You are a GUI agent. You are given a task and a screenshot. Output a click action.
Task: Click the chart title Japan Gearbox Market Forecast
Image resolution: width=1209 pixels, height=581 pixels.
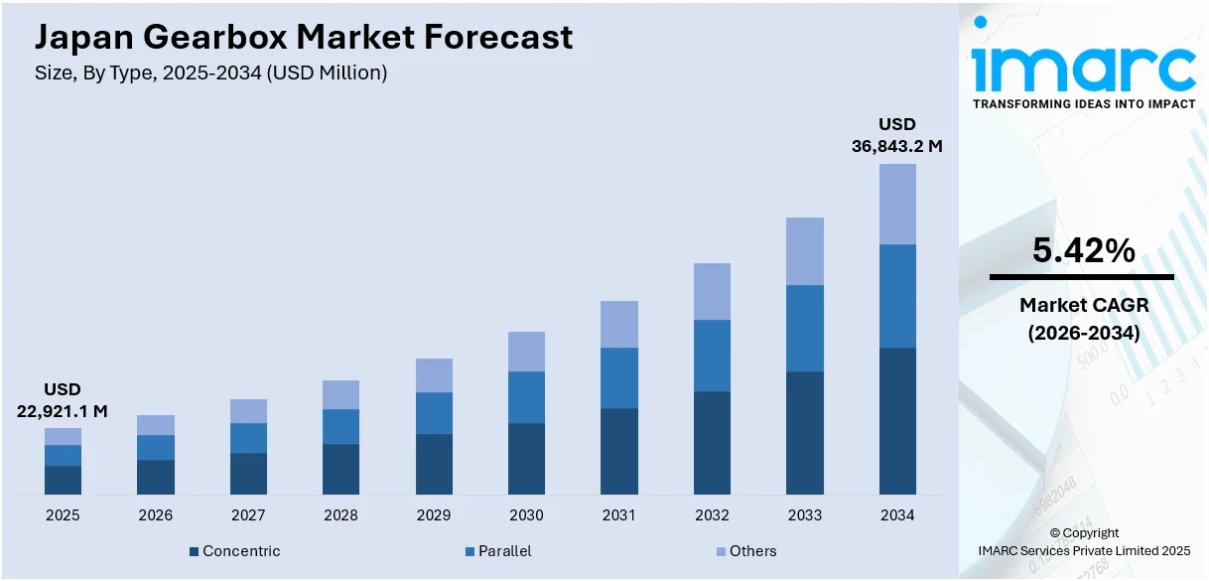click(304, 37)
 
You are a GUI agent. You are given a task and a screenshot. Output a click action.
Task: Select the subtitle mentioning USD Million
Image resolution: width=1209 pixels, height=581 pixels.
click(210, 73)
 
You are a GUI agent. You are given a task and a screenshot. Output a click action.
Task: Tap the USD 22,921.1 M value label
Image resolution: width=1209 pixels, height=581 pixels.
click(63, 399)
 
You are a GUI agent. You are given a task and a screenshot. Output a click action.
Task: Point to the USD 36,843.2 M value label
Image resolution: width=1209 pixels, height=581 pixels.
click(896, 135)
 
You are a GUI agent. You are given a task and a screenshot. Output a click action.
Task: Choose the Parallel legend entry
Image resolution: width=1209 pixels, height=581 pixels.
click(504, 551)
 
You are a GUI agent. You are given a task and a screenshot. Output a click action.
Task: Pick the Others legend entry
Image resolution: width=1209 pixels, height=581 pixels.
click(752, 551)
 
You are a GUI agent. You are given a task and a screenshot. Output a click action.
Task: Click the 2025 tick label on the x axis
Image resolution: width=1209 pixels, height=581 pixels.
click(63, 515)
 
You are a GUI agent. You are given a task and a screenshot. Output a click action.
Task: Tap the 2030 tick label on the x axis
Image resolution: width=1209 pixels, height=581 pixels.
click(526, 515)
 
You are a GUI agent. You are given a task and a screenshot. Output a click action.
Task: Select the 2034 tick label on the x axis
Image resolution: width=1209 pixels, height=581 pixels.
click(897, 515)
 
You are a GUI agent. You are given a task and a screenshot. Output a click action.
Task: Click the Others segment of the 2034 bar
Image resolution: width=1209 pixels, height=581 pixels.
click(897, 204)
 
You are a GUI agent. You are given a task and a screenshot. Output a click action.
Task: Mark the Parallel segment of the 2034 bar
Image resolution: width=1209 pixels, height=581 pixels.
click(897, 296)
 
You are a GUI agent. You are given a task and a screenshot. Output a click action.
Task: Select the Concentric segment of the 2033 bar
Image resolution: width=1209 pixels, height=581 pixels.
click(805, 433)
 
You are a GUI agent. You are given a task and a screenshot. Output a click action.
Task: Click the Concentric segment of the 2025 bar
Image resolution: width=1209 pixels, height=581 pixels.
click(63, 480)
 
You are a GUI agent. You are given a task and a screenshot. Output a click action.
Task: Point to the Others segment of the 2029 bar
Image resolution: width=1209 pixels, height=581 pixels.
click(434, 375)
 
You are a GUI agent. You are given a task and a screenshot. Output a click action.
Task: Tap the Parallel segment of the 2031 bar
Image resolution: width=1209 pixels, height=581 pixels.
click(619, 377)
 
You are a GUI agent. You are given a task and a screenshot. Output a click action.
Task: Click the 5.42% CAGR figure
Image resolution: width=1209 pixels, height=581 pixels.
click(1083, 251)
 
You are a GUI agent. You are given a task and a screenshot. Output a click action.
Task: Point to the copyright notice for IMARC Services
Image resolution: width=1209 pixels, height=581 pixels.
click(1083, 541)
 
